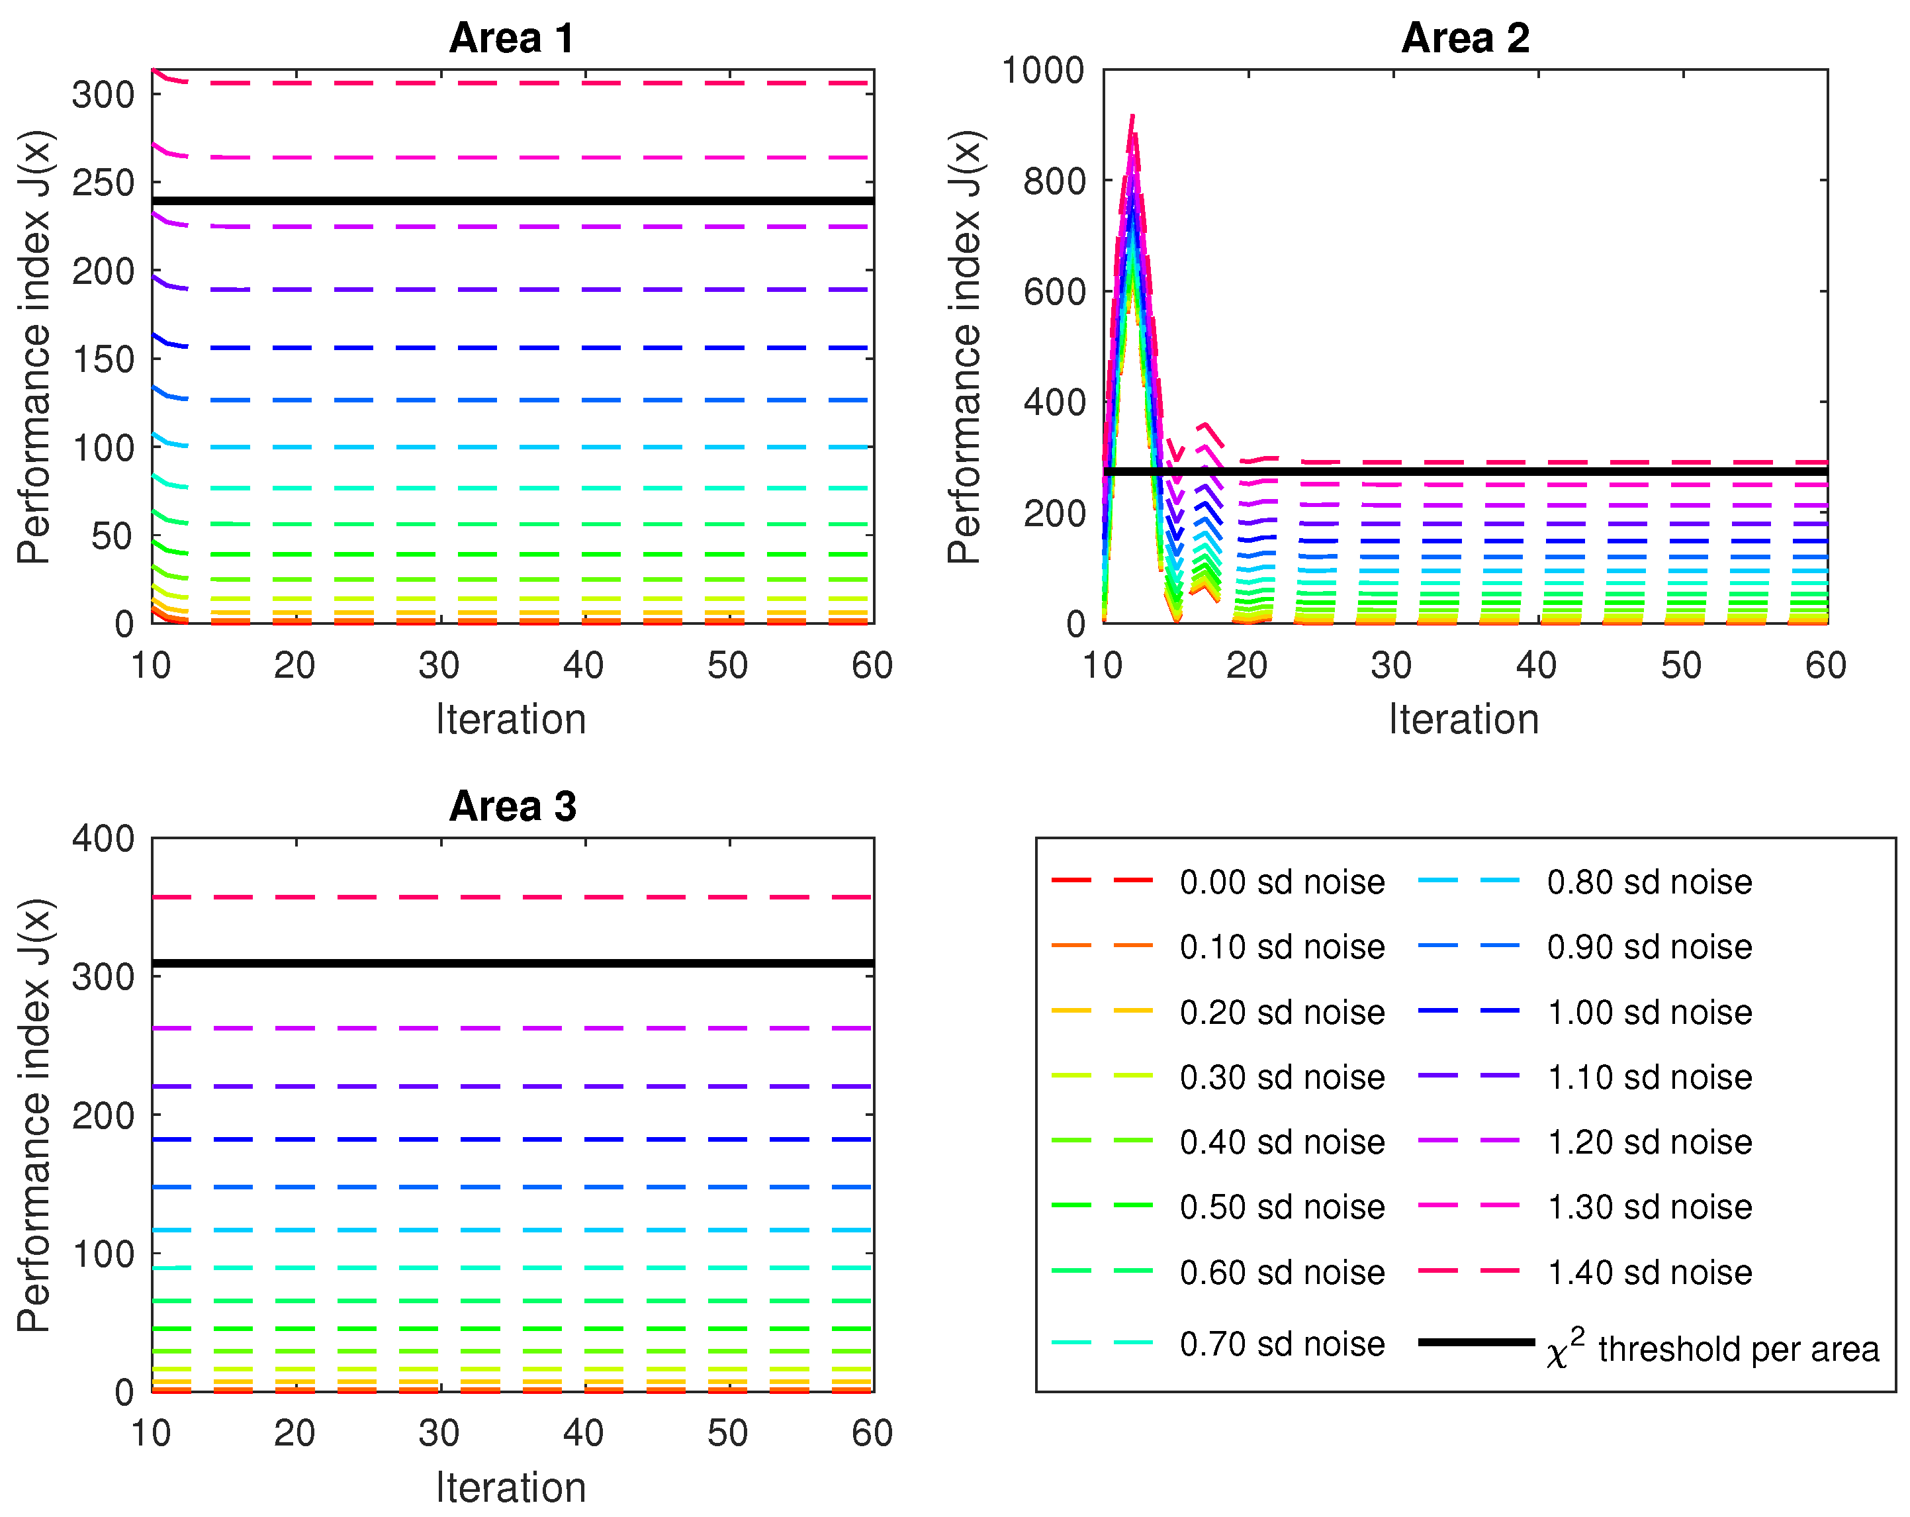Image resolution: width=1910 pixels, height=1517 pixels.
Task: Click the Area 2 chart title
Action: [x=1465, y=38]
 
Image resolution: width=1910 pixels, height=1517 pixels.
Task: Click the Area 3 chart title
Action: [x=512, y=806]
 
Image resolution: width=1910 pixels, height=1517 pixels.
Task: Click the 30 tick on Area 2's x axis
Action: [x=1391, y=665]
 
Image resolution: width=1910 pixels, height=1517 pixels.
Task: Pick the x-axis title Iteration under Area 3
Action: [x=511, y=1488]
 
